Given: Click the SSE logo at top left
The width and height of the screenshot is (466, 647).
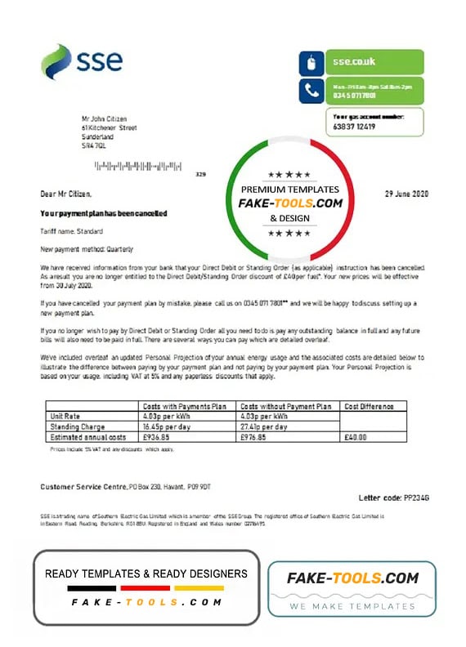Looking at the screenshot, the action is coord(82,62).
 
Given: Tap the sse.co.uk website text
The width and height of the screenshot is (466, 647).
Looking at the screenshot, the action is coord(353,62).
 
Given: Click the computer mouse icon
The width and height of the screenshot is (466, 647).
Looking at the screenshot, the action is coord(311,62).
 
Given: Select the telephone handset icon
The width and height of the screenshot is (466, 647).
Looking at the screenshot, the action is coord(311,91).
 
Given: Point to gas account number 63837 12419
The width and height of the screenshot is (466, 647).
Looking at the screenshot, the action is coord(355,127).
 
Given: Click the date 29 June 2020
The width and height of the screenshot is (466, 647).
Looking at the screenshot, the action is coord(406,194).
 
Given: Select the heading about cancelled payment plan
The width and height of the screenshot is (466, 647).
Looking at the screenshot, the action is coord(103,213).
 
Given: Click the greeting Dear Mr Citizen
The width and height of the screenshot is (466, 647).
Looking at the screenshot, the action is coord(66,194).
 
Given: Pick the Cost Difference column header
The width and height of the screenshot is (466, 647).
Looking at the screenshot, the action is coord(368,406).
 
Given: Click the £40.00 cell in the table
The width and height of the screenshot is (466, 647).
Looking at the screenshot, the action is coord(355,437).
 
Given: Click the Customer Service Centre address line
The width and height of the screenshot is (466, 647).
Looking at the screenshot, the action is coord(127,487).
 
